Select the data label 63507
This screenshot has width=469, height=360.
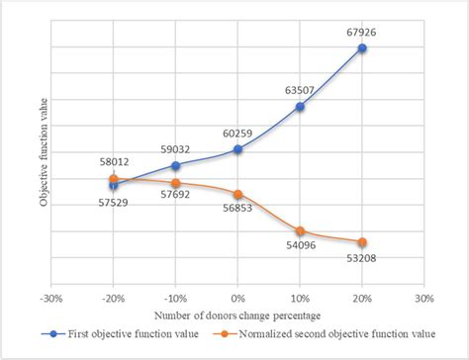[300, 91]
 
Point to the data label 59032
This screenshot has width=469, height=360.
[175, 151]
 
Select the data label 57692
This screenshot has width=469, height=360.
[175, 198]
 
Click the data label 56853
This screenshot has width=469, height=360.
[237, 210]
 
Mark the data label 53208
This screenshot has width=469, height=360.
[362, 258]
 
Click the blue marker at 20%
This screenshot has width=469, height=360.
[362, 47]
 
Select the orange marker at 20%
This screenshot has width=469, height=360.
[362, 242]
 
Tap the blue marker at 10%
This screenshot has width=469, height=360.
[300, 106]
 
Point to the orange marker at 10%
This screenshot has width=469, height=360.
[300, 230]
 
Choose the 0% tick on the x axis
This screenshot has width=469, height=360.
[237, 297]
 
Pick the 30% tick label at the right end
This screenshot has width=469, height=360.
[423, 297]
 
